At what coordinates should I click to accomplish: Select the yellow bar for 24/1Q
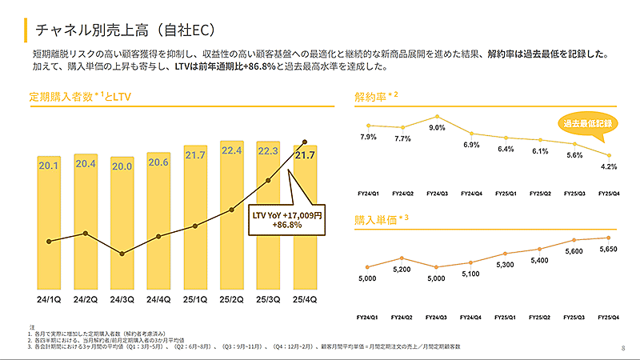pos(50,224)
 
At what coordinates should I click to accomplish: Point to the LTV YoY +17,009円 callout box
pos(286,220)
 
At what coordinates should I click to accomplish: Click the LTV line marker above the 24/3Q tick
pos(122,254)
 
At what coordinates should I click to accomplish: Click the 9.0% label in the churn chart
pos(437,128)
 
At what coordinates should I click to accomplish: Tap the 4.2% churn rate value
pos(608,166)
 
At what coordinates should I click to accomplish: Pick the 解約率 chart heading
pos(372,97)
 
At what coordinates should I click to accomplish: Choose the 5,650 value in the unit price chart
pos(608,248)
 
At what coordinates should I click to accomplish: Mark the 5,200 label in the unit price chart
pos(402,269)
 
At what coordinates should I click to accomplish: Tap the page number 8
pos(623,347)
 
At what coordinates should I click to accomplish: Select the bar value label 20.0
pos(122,166)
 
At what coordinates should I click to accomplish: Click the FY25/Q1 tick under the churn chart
pos(506,193)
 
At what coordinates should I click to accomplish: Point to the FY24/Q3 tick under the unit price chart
pos(437,317)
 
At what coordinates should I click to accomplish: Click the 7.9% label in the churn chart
pos(368,137)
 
